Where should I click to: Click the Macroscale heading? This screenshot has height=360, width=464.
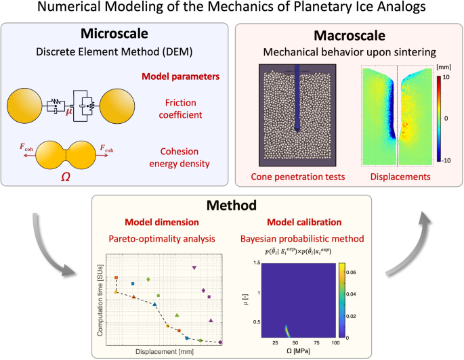coord(348,34)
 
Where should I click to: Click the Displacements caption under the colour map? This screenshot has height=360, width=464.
coord(396,177)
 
